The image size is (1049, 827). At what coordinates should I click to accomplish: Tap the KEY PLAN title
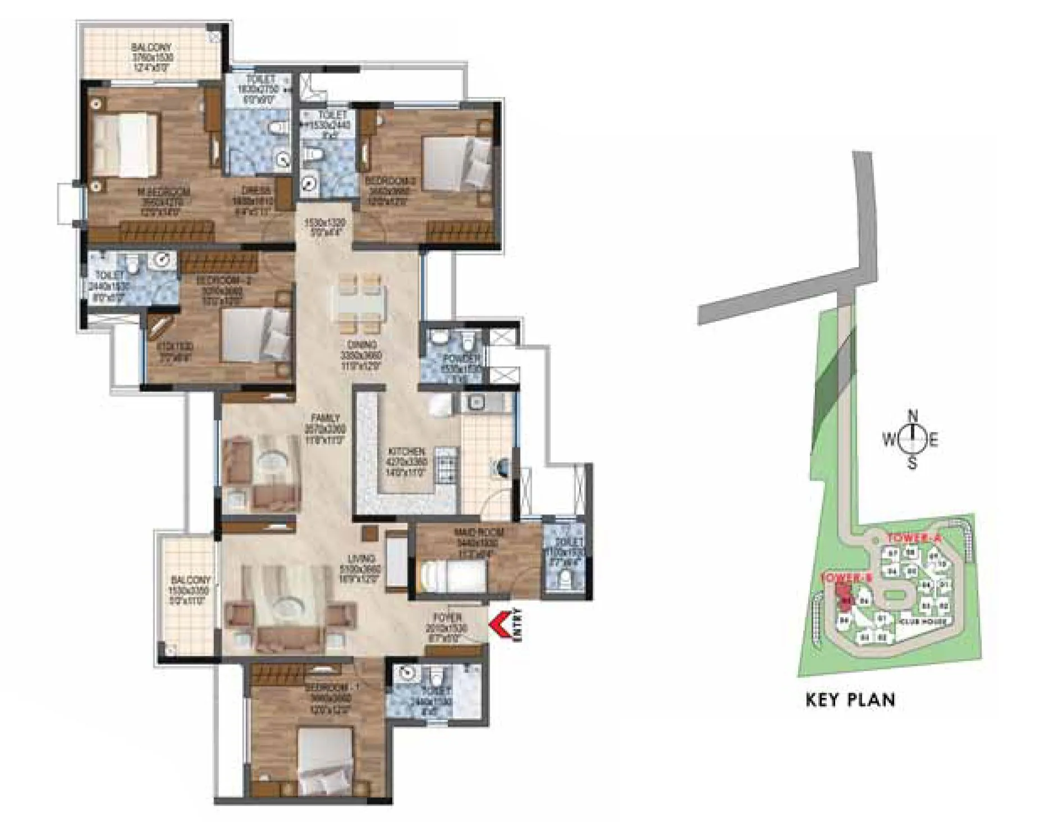[x=850, y=700]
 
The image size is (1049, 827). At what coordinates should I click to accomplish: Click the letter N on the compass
[x=913, y=417]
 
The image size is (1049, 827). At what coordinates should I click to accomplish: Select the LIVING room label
[x=360, y=559]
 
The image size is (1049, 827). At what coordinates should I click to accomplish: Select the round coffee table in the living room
[x=288, y=609]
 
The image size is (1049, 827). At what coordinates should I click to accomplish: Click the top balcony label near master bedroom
[x=152, y=48]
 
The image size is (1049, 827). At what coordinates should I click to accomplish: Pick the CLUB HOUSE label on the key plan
[x=921, y=622]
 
